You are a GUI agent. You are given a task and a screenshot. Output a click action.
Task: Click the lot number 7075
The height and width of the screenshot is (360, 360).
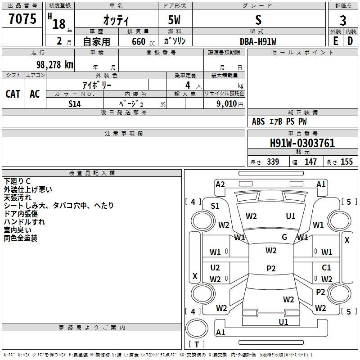[x=22, y=19]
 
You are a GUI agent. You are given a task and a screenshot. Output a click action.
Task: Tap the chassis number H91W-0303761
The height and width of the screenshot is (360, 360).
[x=302, y=143]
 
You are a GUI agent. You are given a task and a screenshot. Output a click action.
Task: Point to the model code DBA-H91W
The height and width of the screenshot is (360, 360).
[x=258, y=41]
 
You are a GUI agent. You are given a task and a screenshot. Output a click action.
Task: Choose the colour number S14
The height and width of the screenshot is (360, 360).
[x=75, y=103]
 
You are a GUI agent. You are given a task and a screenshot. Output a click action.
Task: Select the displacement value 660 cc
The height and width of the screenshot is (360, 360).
[x=138, y=41]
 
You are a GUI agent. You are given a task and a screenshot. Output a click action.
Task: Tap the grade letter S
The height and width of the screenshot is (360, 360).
[x=258, y=19]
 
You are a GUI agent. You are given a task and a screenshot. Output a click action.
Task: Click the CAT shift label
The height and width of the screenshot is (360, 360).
[x=13, y=94]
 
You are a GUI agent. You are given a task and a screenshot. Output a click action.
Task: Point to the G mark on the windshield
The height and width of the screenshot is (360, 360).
[x=284, y=237]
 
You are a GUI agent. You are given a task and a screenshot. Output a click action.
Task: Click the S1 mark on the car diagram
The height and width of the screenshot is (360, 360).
[x=215, y=206]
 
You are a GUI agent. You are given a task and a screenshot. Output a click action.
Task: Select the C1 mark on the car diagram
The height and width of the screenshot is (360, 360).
[x=326, y=268]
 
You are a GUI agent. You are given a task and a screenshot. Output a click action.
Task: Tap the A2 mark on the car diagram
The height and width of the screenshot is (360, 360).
[x=220, y=184]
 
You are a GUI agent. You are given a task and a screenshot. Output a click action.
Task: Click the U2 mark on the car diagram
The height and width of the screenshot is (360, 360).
[x=215, y=268]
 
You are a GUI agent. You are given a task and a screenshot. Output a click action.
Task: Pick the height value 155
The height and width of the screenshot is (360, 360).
[x=346, y=162]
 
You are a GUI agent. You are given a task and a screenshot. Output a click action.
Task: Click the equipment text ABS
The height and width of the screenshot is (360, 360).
[x=258, y=121]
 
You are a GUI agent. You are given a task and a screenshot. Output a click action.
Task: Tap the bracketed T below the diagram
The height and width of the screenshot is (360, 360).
[x=197, y=345]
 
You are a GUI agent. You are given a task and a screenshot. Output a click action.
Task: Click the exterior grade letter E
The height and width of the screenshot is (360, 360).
[x=335, y=41]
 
